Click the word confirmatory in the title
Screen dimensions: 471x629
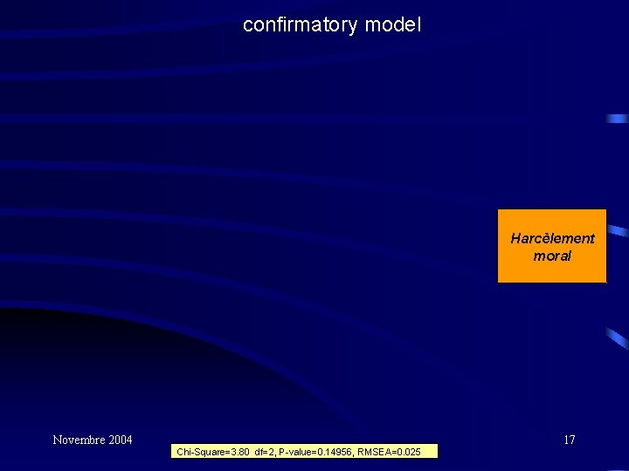(x=300, y=24)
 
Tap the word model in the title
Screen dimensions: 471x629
(x=393, y=24)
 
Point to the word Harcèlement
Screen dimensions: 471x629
(x=552, y=238)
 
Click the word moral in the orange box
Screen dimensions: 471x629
(x=552, y=256)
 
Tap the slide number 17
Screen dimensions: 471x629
(x=569, y=440)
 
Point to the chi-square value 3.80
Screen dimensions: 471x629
(x=238, y=452)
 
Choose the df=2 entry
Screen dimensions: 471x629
(x=265, y=452)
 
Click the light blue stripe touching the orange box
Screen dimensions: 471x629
(x=618, y=231)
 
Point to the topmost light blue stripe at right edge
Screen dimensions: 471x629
(x=618, y=119)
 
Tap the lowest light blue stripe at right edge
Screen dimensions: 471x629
(x=618, y=338)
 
